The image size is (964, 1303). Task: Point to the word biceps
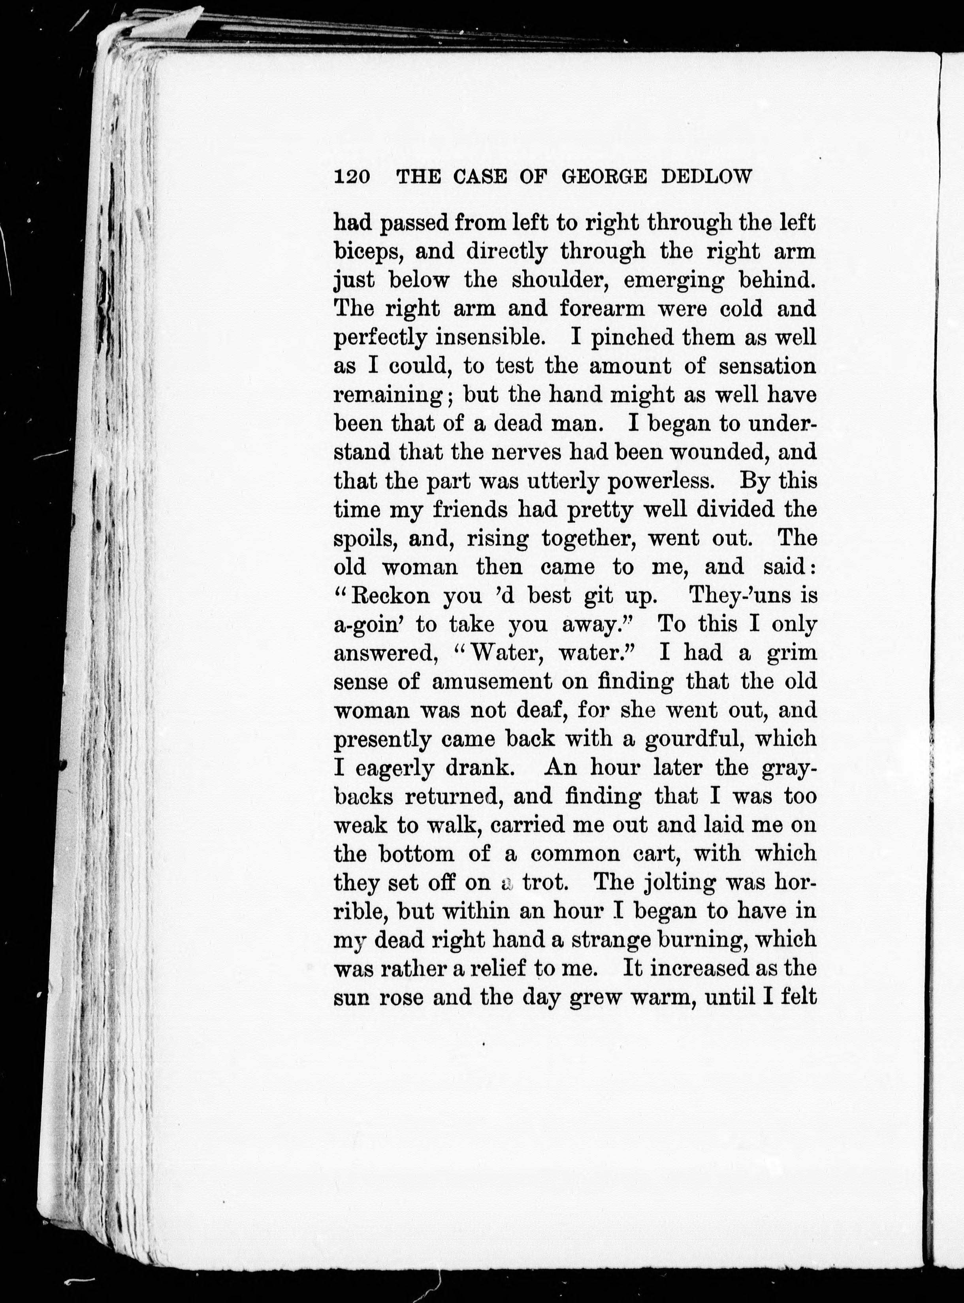click(367, 252)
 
